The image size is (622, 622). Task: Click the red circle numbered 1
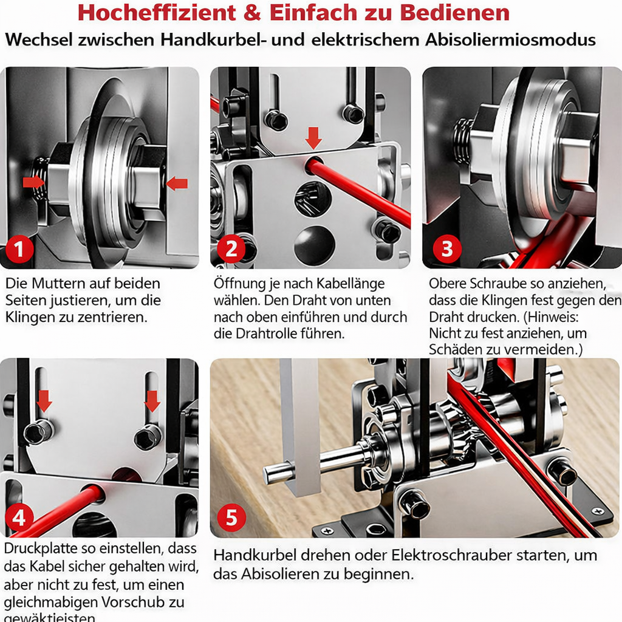tap(19, 250)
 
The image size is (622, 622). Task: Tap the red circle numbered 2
tap(231, 249)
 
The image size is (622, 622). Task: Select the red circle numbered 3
tap(447, 249)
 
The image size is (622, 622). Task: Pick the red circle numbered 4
tap(19, 518)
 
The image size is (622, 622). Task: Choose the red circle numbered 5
tap(231, 518)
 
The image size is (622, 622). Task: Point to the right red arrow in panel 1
tap(177, 182)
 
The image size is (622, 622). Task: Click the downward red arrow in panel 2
tap(313, 137)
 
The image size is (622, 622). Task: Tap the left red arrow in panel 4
tap(44, 400)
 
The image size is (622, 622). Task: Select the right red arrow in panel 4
tap(152, 400)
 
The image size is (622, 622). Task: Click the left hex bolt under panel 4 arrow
tap(38, 432)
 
